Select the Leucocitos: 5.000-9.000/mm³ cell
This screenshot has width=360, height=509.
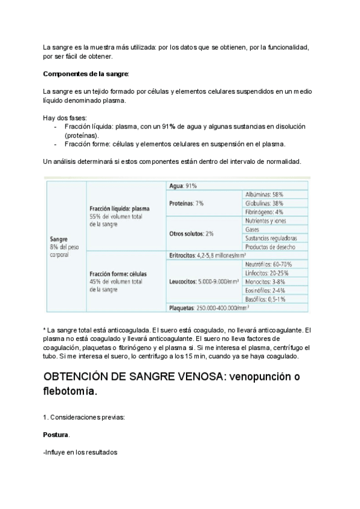pos(204,281)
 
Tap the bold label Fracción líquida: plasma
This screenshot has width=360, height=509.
pos(119,208)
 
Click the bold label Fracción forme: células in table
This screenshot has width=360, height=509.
pos(118,273)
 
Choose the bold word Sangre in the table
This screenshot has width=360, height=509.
pos(59,238)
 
